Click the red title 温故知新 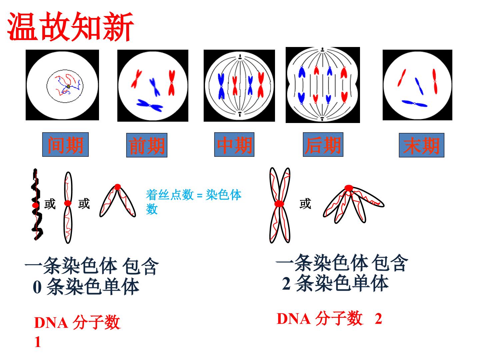tap(70, 27)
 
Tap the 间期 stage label tap(65, 144)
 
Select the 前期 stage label tap(147, 145)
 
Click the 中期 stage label tap(234, 144)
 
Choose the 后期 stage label tap(323, 144)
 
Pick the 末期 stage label tap(421, 145)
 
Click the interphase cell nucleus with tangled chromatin tap(65, 86)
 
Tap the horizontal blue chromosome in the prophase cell tap(150, 105)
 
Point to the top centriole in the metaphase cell tap(240, 58)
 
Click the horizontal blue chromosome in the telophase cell tap(414, 103)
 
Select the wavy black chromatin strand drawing tap(37, 204)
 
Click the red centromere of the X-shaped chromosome tap(279, 204)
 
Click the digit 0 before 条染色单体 tap(37, 287)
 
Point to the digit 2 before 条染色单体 tap(286, 283)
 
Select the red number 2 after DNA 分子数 tap(378, 319)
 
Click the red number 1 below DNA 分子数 tap(38, 342)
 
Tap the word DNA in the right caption tap(293, 319)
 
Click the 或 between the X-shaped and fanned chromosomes tap(305, 203)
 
